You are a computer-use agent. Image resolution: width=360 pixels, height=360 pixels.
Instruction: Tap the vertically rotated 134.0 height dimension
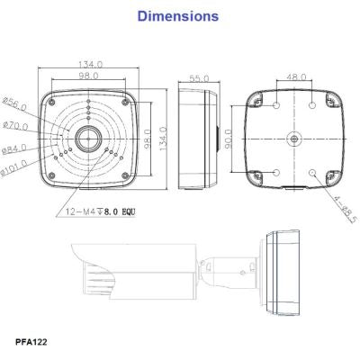[163, 139]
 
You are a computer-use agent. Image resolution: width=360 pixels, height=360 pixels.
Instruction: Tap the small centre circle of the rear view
[294, 139]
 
